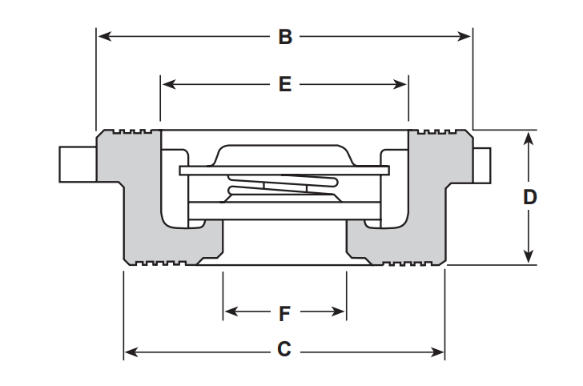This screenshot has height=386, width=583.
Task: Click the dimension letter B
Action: point(285,37)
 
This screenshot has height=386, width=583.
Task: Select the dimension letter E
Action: point(285,84)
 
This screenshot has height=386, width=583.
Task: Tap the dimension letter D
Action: point(529,197)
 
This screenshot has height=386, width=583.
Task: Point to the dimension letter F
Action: point(284,313)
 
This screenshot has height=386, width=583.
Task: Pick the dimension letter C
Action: point(284,349)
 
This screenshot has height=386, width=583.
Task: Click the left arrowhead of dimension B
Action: point(104,37)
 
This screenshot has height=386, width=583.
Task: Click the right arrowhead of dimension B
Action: point(464,37)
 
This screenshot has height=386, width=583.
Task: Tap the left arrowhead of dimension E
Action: point(169,84)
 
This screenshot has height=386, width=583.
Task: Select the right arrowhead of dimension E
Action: point(400,84)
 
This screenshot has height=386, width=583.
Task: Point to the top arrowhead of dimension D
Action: point(529,139)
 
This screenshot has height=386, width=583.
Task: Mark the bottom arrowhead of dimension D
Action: point(529,256)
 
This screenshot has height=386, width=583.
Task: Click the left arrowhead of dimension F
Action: point(231,312)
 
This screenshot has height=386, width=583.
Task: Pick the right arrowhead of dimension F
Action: point(338,312)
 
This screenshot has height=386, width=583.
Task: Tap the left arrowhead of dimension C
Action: point(131,352)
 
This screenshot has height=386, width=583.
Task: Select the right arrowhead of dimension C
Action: point(437,352)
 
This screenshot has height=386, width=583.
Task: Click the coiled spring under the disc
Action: point(283,185)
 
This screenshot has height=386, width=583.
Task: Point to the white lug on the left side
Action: point(78,164)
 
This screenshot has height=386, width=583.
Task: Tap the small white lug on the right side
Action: point(482,166)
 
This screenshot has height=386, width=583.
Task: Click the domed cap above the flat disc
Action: point(283,155)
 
